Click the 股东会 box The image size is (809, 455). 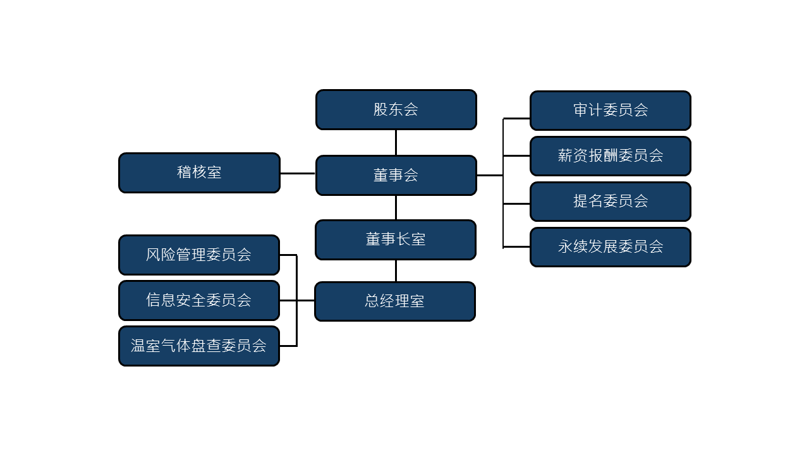click(396, 109)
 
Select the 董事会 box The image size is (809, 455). click(396, 175)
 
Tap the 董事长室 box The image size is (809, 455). click(396, 240)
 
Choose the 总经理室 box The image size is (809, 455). click(395, 301)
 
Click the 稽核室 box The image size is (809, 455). click(199, 173)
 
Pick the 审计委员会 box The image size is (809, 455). click(610, 111)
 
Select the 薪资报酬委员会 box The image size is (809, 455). click(610, 156)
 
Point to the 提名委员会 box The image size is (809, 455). click(610, 202)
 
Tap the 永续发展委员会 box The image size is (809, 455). click(610, 247)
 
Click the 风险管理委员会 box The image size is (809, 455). click(199, 255)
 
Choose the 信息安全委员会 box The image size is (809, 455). click(199, 300)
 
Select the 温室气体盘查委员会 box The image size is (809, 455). click(199, 346)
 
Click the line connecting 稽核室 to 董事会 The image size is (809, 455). click(298, 173)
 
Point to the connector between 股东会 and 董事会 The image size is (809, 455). click(396, 142)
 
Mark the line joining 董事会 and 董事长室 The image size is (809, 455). click(396, 207)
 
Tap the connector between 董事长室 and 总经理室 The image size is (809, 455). click(396, 270)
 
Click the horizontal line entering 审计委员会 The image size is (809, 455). click(516, 118)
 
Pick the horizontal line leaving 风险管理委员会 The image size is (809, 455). click(288, 255)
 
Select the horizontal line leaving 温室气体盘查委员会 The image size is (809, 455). click(288, 346)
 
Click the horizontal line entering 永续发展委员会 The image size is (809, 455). click(516, 246)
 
